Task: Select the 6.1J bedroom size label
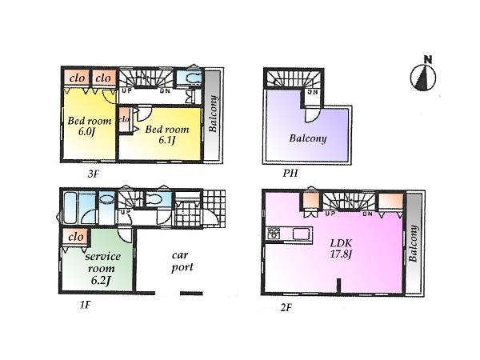(x=167, y=142)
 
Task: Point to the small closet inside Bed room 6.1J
(x=125, y=120)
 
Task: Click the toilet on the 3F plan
(x=189, y=78)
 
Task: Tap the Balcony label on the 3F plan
(x=214, y=114)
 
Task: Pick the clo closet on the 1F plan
(x=77, y=237)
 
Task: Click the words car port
(x=182, y=262)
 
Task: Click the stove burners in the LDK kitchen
(x=274, y=234)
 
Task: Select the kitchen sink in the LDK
(x=302, y=234)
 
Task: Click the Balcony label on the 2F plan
(x=413, y=245)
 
